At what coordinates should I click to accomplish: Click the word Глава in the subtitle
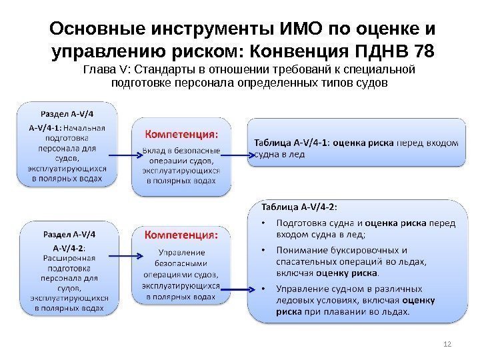click(97, 70)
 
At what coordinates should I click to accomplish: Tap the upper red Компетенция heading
click(181, 133)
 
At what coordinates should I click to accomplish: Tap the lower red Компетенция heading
click(181, 235)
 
